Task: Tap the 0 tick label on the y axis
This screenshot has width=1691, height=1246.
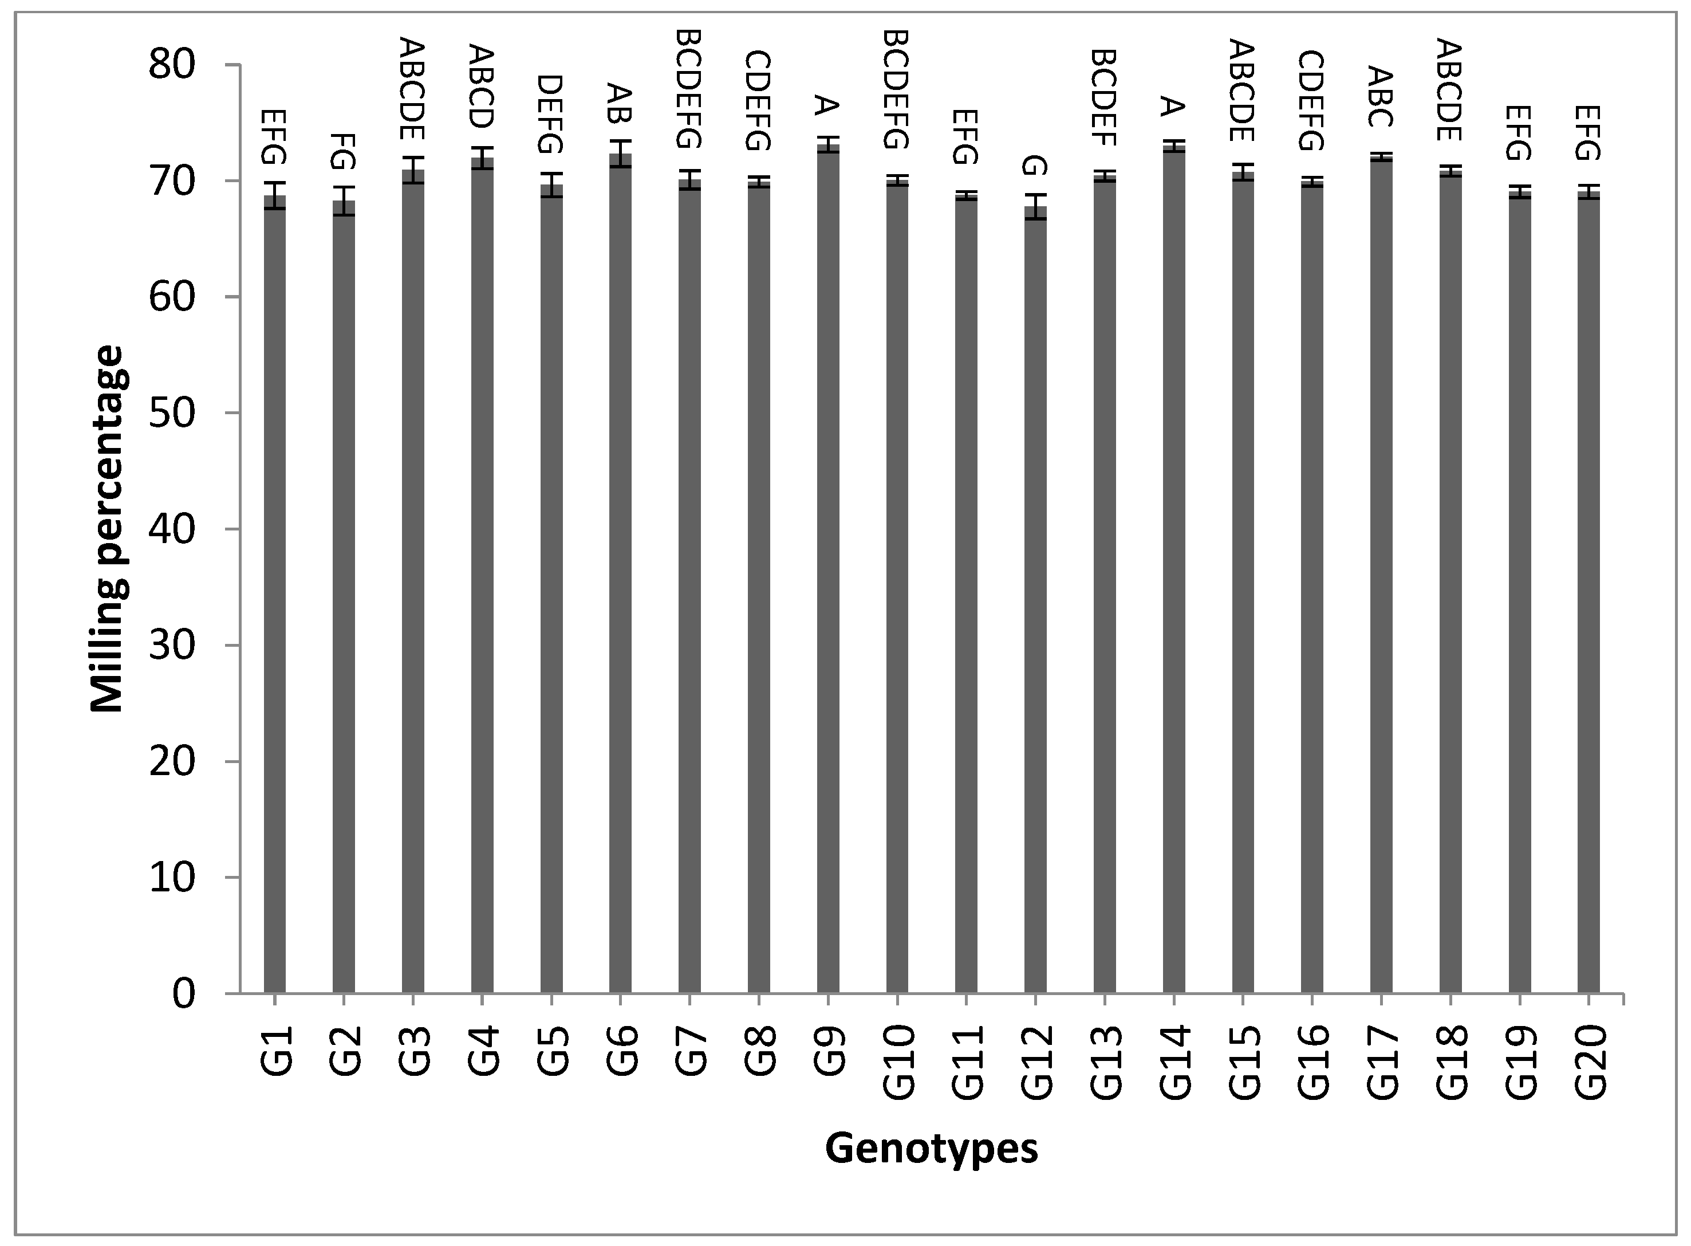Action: (x=183, y=994)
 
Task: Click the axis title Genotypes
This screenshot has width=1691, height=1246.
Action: (x=931, y=1149)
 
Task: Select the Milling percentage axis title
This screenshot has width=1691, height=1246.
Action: (x=107, y=528)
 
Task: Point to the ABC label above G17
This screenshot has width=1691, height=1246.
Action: (x=1381, y=97)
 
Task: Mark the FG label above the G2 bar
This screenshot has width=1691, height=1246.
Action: (x=344, y=152)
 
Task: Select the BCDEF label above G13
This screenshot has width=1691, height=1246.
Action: (x=1105, y=97)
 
